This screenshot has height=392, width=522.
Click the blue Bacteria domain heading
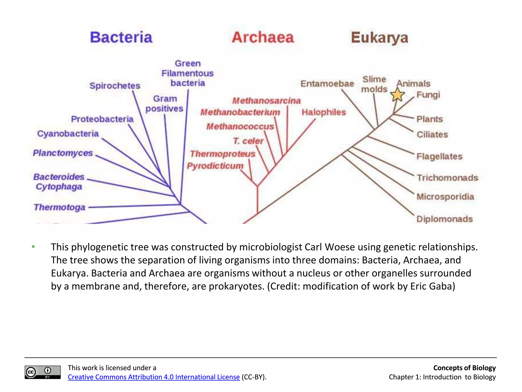(121, 38)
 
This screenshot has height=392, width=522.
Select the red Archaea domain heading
(263, 38)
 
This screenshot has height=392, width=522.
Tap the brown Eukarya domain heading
(380, 38)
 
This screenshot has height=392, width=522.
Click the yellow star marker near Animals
(397, 95)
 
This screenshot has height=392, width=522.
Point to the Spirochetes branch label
(115, 86)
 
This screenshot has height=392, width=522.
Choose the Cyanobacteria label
(68, 134)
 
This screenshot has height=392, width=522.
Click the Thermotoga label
(59, 207)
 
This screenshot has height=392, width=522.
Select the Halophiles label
(324, 112)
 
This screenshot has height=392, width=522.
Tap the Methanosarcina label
(266, 101)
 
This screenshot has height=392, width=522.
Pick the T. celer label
(248, 141)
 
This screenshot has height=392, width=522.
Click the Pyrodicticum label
(215, 166)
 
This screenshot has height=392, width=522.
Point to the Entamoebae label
(327, 84)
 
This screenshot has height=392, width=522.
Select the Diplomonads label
(445, 219)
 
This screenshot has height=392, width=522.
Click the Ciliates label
(432, 134)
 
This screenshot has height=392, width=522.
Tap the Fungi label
(428, 95)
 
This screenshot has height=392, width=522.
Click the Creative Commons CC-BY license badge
(43, 372)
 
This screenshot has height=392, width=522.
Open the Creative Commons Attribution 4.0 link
(154, 377)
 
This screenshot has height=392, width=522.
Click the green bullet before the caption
(33, 247)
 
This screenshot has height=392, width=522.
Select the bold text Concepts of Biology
(464, 368)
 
